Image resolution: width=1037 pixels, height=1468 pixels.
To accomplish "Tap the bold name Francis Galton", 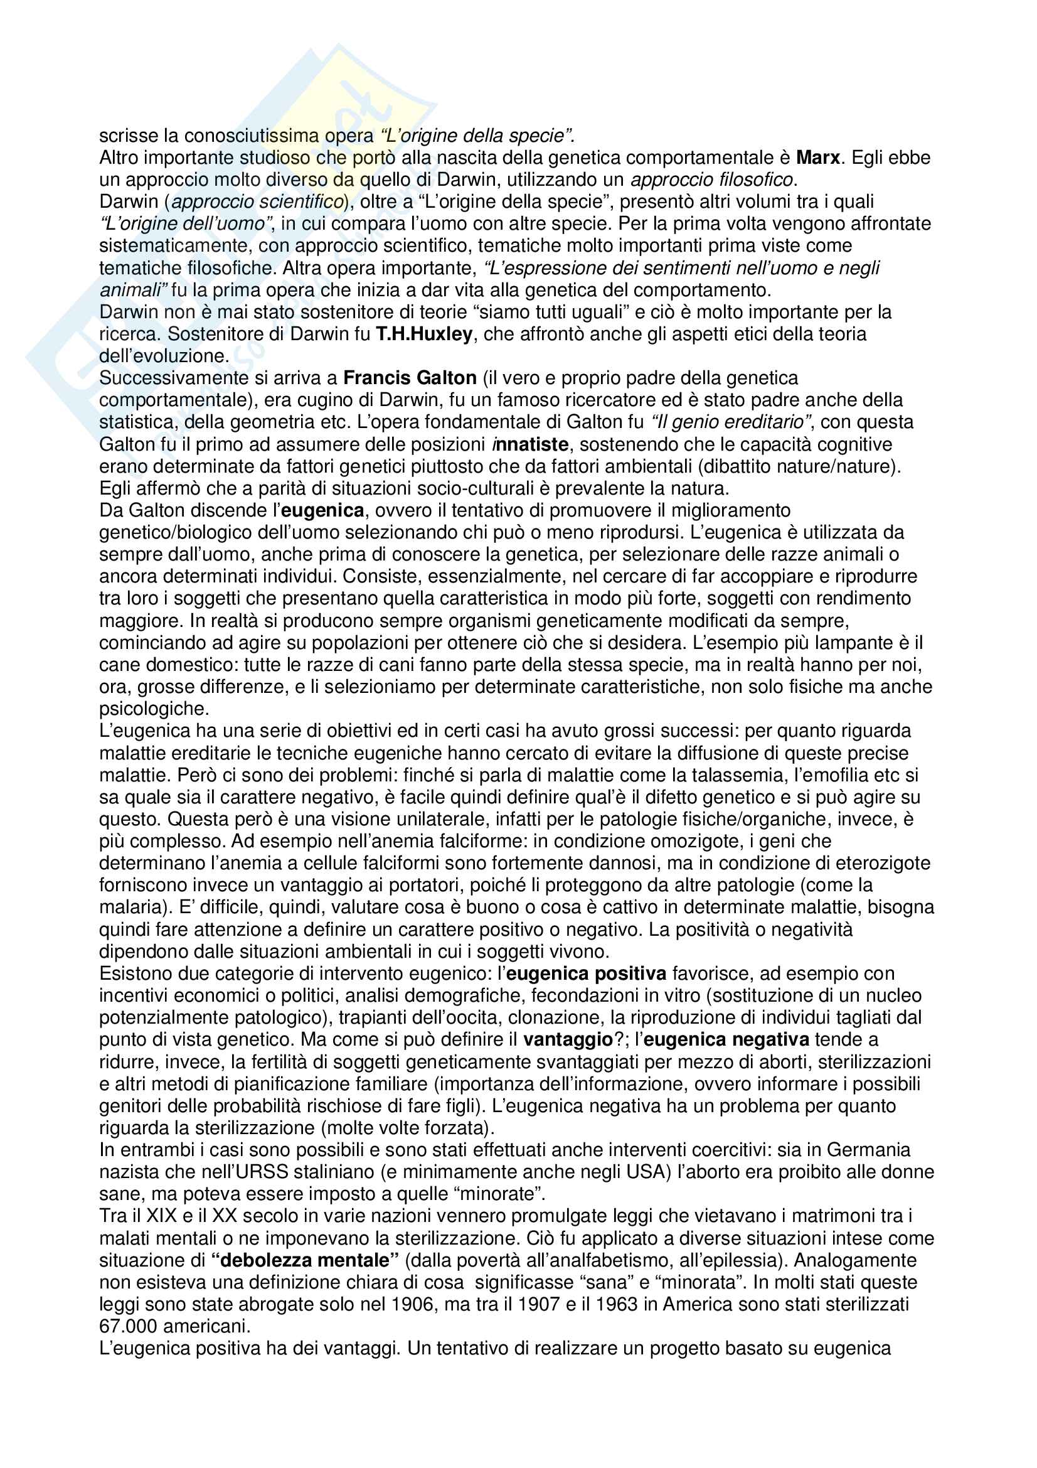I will coord(410,378).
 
